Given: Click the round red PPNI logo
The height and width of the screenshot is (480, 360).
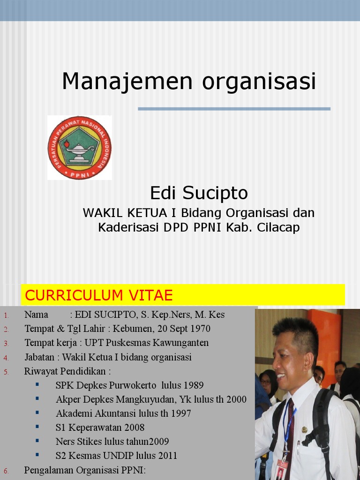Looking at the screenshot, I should tap(80, 148).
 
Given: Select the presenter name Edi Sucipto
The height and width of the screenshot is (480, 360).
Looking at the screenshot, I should tap(199, 193).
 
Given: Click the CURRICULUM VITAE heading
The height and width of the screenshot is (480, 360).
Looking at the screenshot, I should tap(99, 295).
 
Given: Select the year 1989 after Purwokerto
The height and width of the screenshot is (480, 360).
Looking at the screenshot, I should tap(193, 385).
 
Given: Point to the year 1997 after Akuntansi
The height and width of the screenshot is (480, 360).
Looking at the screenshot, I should tap(180, 413).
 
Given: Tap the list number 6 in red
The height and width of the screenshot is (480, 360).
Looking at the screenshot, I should tap(6, 471).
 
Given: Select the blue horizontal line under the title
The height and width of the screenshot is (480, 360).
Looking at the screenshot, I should tap(234, 109).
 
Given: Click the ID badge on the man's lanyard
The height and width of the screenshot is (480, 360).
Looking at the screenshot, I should tap(282, 469).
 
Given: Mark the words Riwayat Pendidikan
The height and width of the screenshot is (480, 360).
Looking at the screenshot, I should tap(67, 371).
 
